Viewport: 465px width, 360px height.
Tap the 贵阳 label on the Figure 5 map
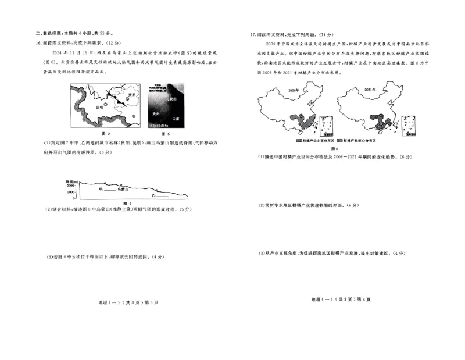coord(132,94)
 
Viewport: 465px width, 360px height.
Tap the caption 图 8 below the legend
coord(334,148)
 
